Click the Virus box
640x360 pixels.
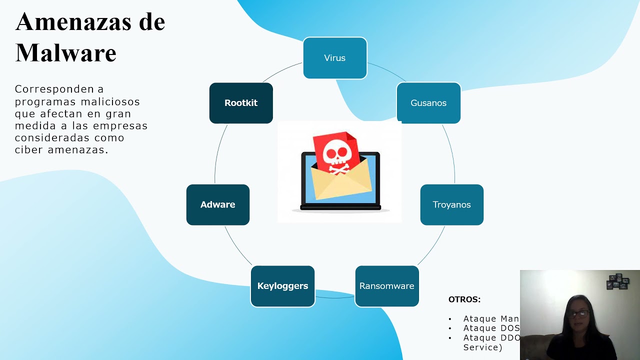click(x=335, y=58)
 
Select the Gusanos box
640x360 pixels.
click(x=428, y=103)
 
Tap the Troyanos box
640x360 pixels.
click(x=451, y=204)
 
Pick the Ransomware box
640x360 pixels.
click(x=386, y=286)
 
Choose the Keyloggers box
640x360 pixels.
click(x=282, y=286)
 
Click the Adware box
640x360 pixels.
click(x=217, y=204)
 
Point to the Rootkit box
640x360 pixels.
click(x=241, y=103)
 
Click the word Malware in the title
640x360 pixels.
click(x=66, y=52)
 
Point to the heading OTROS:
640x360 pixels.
click(x=464, y=299)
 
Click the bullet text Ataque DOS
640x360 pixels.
click(x=491, y=328)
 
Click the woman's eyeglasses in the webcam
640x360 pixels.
click(x=578, y=314)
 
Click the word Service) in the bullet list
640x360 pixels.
click(x=482, y=347)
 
